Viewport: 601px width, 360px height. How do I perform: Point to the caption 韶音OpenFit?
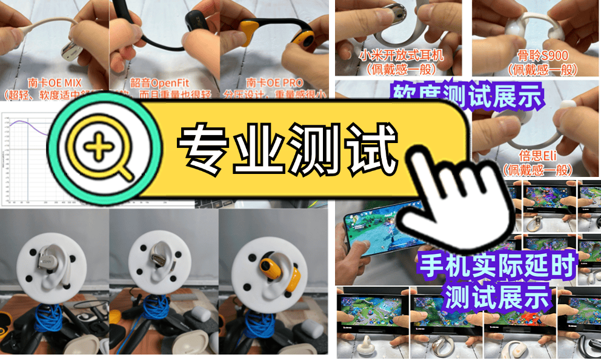tap(162, 83)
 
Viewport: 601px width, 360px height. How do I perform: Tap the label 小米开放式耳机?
tap(401, 55)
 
